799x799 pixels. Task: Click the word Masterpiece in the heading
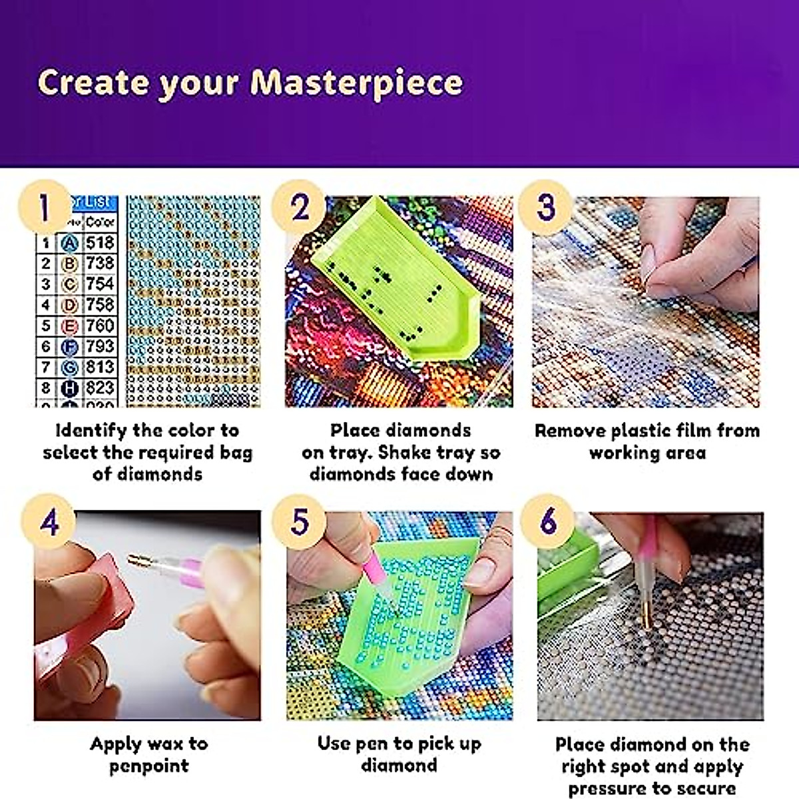click(356, 83)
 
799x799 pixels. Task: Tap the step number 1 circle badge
click(44, 206)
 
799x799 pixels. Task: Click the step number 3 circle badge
click(545, 206)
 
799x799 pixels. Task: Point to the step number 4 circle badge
click(49, 521)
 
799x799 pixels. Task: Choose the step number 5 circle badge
click(300, 521)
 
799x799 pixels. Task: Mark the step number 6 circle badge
click(547, 521)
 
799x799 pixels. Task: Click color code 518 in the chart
click(100, 243)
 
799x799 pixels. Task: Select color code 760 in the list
click(100, 326)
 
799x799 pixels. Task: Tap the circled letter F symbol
click(69, 347)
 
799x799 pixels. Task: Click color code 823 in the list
click(100, 388)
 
